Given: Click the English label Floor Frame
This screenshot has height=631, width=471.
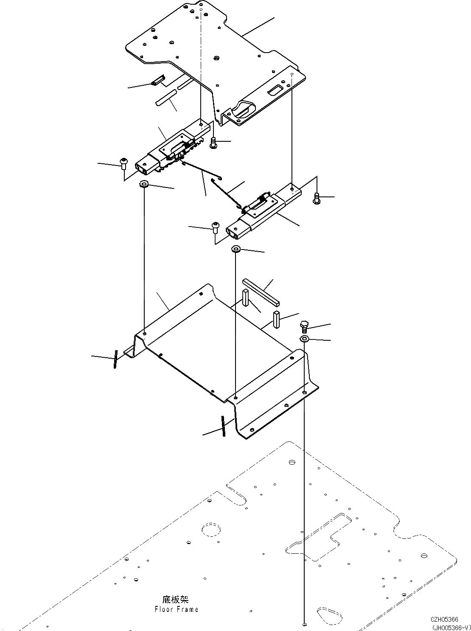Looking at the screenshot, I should tap(177, 609).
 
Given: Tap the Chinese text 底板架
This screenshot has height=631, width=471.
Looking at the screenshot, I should tap(175, 600).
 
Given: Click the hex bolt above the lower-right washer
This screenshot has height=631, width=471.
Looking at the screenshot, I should tap(304, 327).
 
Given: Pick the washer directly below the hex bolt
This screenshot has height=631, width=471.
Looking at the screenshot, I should tap(304, 339).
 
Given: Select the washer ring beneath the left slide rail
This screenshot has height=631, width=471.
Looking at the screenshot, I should tap(144, 185).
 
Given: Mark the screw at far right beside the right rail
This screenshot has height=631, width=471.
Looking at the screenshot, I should tap(316, 198).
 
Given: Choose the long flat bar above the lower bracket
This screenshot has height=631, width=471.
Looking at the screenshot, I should tap(261, 292).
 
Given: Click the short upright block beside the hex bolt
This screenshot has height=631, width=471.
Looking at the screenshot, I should tap(277, 319).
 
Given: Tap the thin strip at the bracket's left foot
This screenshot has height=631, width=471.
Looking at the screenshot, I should tap(115, 359).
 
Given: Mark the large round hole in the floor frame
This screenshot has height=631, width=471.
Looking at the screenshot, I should tap(211, 530).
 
